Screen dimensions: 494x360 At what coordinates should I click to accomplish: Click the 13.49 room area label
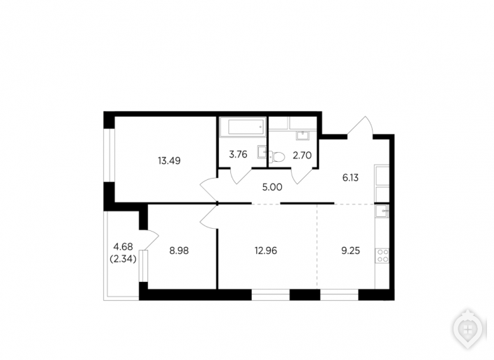pyautogui.click(x=169, y=161)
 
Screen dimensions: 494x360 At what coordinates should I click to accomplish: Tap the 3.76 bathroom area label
pyautogui.click(x=238, y=155)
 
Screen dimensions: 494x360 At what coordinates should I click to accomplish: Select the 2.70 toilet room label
pyautogui.click(x=302, y=156)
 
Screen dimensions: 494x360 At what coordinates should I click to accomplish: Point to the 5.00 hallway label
pyautogui.click(x=272, y=187)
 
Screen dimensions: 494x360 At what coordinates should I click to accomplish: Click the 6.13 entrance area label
pyautogui.click(x=350, y=178)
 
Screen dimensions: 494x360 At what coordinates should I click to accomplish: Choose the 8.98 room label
pyautogui.click(x=179, y=250)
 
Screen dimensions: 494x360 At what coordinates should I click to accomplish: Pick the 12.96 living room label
pyautogui.click(x=266, y=250)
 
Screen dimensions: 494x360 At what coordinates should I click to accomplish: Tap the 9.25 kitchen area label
pyautogui.click(x=350, y=250)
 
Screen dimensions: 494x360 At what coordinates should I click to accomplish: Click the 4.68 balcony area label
pyautogui.click(x=123, y=246)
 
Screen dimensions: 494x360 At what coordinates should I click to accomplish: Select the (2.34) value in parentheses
pyautogui.click(x=123, y=260)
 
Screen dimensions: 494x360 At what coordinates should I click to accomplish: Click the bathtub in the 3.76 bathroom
pyautogui.click(x=242, y=127)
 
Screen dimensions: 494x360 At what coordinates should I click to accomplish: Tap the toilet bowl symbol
pyautogui.click(x=276, y=156)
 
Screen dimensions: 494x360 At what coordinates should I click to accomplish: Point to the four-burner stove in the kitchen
pyautogui.click(x=382, y=256)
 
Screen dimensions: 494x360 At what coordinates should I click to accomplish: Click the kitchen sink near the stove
pyautogui.click(x=382, y=211)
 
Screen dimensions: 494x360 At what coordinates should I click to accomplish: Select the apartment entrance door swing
pyautogui.click(x=361, y=126)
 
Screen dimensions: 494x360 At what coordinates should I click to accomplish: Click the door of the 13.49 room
pyautogui.click(x=209, y=189)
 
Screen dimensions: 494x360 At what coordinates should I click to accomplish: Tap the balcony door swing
pyautogui.click(x=150, y=240)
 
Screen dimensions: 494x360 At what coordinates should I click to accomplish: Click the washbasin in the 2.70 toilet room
pyautogui.click(x=302, y=135)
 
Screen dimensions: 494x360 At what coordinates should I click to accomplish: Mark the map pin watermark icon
pyautogui.click(x=468, y=329)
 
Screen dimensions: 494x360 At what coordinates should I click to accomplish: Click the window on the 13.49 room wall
pyautogui.click(x=110, y=155)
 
